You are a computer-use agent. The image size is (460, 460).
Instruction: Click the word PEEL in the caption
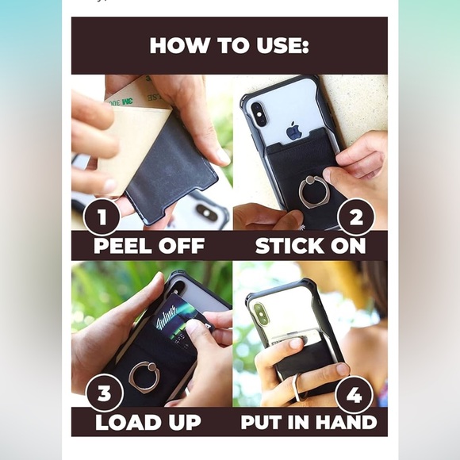click(125, 246)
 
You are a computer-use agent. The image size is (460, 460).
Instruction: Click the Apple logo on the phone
click(293, 131)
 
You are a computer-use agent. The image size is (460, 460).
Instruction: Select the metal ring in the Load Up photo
click(144, 376)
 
